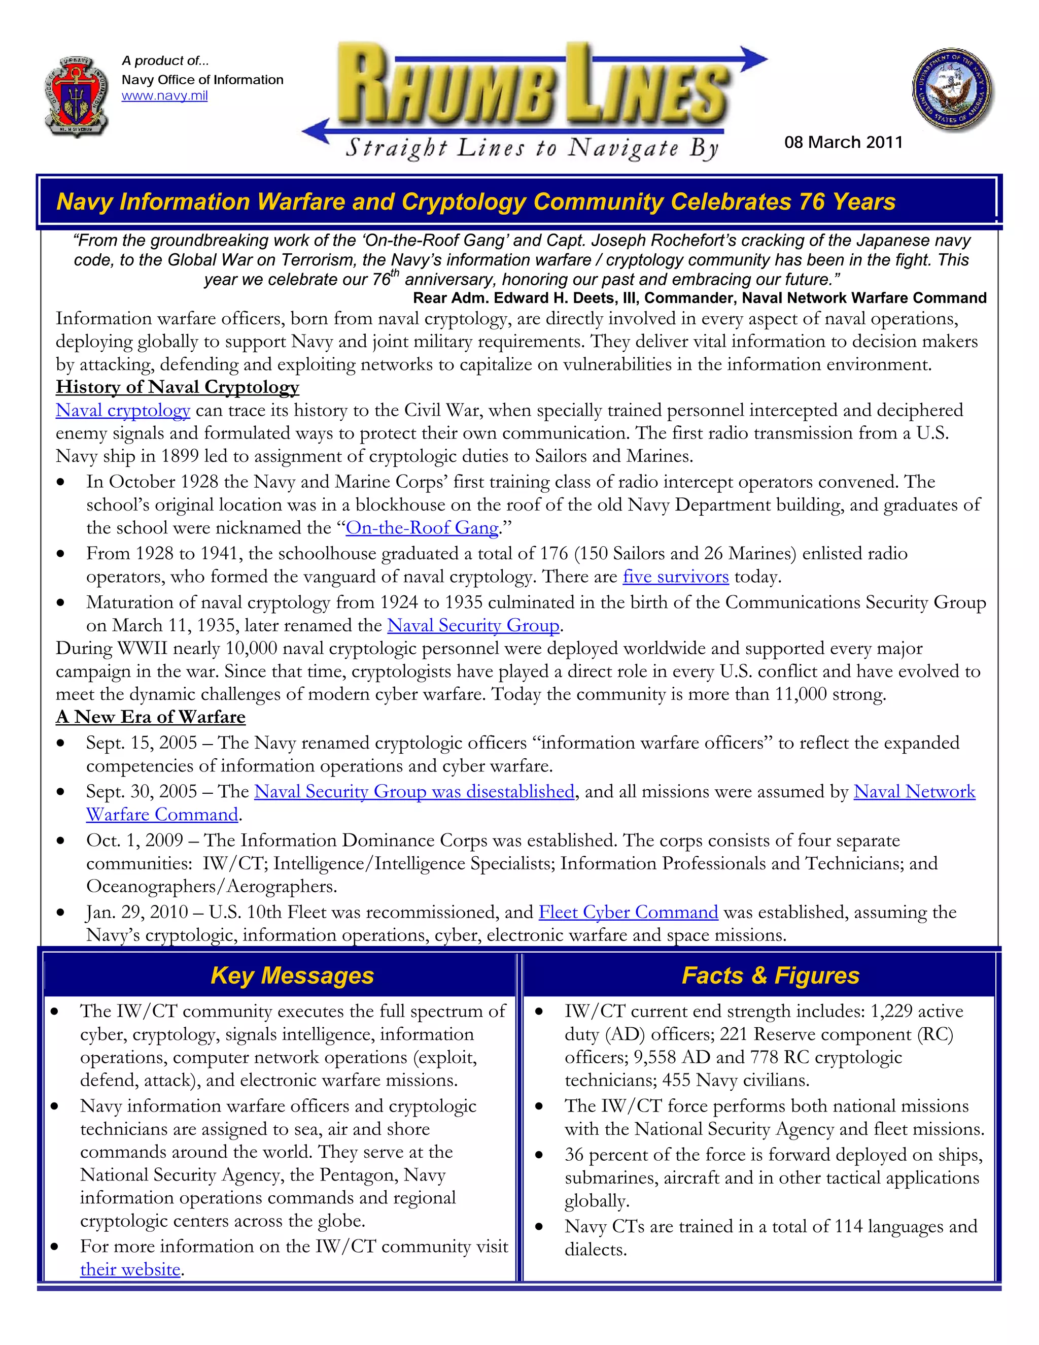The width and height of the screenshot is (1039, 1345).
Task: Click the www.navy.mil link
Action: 164,96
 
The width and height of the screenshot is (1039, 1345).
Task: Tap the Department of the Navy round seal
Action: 952,90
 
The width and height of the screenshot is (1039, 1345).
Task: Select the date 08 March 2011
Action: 843,142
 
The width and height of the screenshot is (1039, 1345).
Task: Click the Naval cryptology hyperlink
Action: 122,410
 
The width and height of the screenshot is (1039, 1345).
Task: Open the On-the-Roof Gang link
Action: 422,528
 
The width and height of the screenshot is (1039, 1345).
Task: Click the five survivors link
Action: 675,577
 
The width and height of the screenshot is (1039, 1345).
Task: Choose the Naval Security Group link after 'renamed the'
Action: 473,626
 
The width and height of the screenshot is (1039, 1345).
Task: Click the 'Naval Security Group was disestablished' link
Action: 413,791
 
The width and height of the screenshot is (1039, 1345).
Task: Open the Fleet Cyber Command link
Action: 628,912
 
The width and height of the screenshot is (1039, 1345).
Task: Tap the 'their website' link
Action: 130,1269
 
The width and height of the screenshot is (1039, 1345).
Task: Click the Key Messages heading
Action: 292,976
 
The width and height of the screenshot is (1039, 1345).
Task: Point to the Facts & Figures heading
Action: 770,976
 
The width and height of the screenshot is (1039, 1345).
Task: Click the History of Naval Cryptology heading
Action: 177,387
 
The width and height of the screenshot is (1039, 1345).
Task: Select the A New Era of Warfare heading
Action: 150,717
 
